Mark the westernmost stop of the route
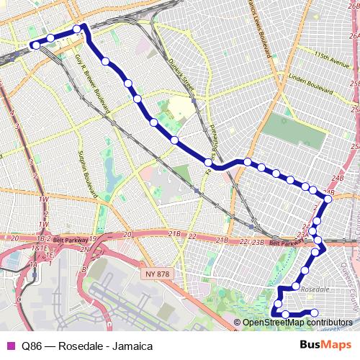pyautogui.click(x=35, y=46)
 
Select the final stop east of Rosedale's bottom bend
pyautogui.click(x=314, y=312)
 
